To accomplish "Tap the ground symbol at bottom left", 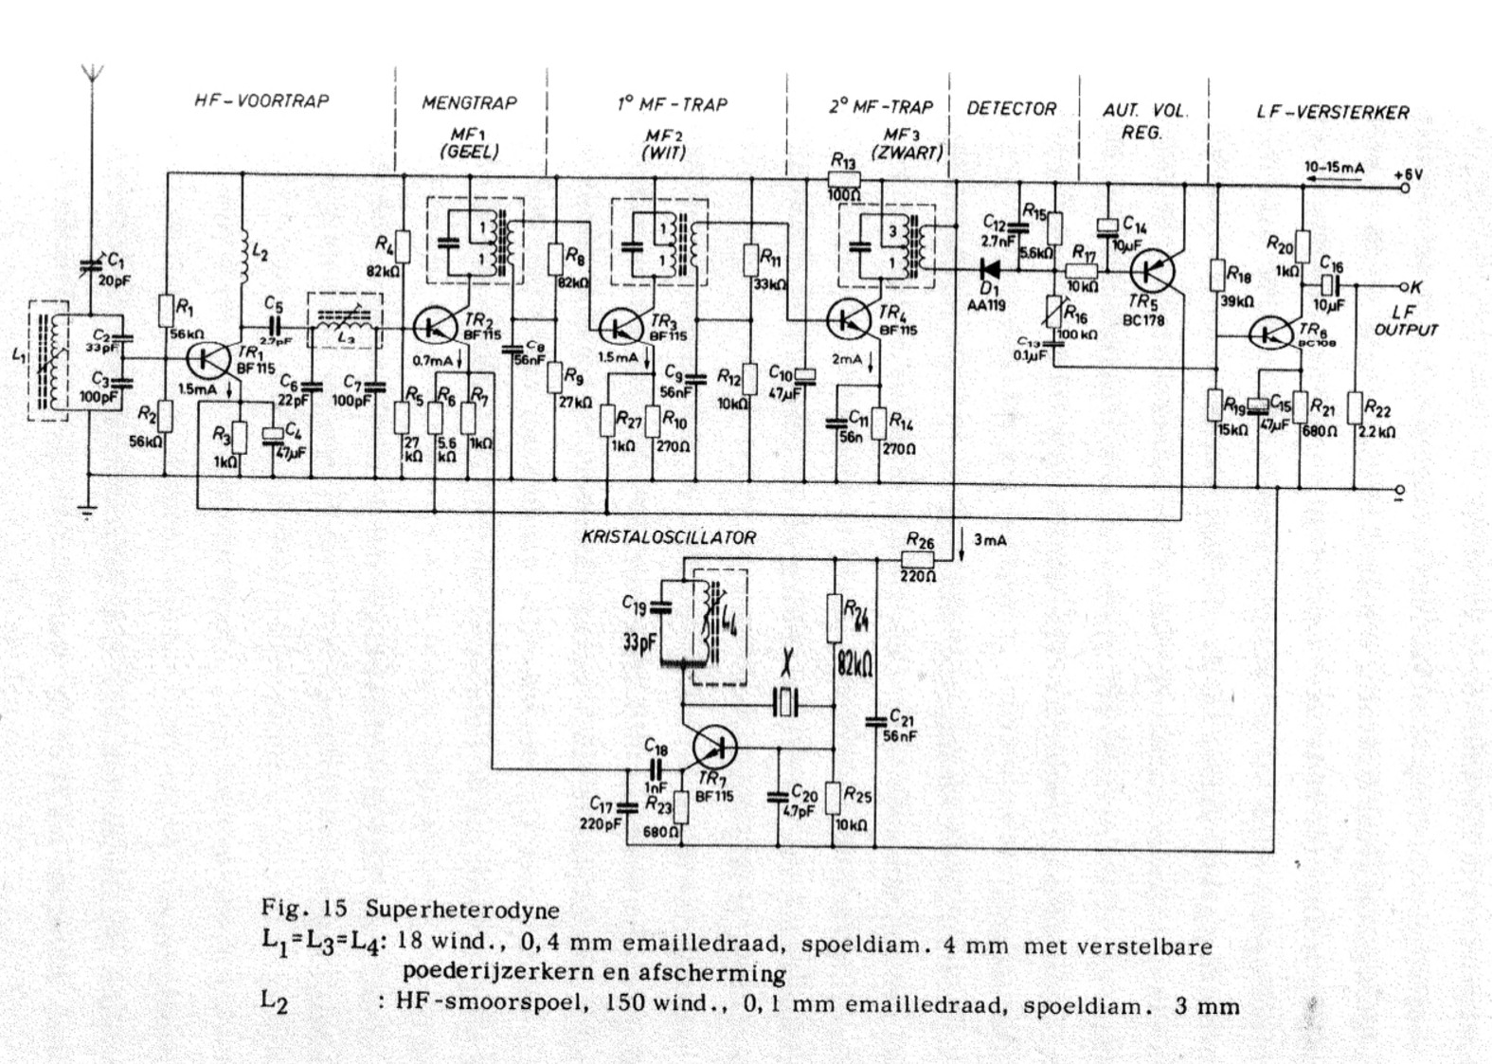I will pyautogui.click(x=87, y=513).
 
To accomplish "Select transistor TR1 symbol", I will pyautogui.click(x=207, y=359).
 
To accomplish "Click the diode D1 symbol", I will pyautogui.click(x=991, y=268).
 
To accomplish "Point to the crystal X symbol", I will pyautogui.click(x=787, y=702).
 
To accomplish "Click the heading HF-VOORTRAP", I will pyautogui.click(x=261, y=101).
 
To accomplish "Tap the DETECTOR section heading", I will pyautogui.click(x=1011, y=108).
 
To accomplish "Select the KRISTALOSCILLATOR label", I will pyautogui.click(x=669, y=537).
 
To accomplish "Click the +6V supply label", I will pyautogui.click(x=1409, y=174).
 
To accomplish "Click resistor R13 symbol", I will pyautogui.click(x=844, y=178).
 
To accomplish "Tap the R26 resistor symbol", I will pyautogui.click(x=916, y=559).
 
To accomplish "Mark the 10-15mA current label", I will pyautogui.click(x=1334, y=168).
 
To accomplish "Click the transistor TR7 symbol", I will pyautogui.click(x=714, y=747).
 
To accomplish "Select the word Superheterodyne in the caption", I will pyautogui.click(x=462, y=911).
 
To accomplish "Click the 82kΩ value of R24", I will pyautogui.click(x=854, y=664).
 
